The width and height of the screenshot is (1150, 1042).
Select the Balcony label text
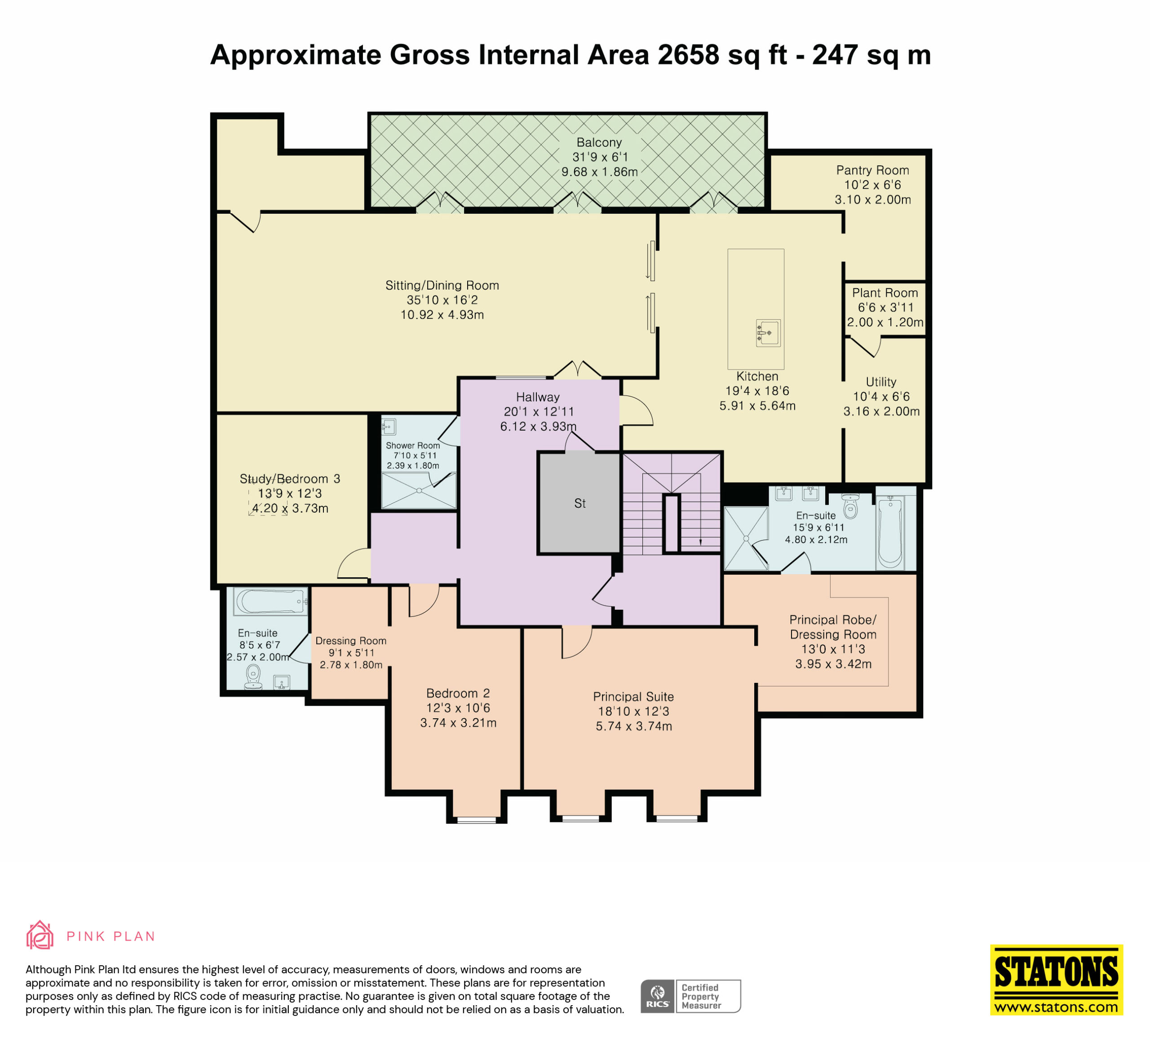click(x=599, y=142)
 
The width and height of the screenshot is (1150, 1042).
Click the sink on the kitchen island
click(x=768, y=333)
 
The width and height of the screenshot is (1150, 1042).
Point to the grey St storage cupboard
click(x=579, y=503)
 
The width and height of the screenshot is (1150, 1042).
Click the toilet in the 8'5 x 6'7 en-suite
click(x=253, y=677)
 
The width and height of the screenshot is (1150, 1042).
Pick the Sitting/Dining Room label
click(x=442, y=286)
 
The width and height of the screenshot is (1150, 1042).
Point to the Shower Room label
click(x=412, y=446)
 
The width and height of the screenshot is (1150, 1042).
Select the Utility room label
click(x=881, y=382)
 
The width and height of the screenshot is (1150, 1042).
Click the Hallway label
click(x=537, y=397)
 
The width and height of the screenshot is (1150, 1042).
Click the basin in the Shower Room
click(x=389, y=426)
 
